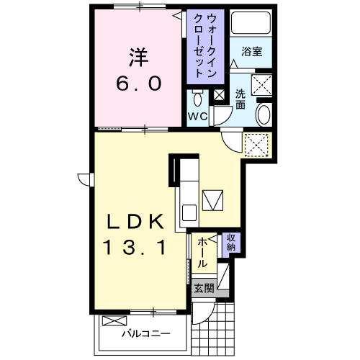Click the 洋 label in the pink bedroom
tap(139, 58)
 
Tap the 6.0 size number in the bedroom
tap(139, 84)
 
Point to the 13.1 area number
tap(135, 247)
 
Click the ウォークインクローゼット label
tap(205, 45)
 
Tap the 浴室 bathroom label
tap(251, 52)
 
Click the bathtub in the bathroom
tap(251, 22)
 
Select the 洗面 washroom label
tap(240, 99)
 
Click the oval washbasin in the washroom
tap(264, 114)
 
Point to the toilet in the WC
tap(197, 98)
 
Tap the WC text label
tap(197, 117)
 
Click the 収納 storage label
tap(231, 243)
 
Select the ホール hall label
tap(202, 253)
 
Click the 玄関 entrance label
tap(204, 288)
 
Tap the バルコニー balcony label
tap(146, 333)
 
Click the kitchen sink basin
tap(189, 212)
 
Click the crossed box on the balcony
tap(114, 320)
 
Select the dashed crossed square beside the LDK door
tap(256, 145)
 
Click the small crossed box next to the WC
tap(219, 95)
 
